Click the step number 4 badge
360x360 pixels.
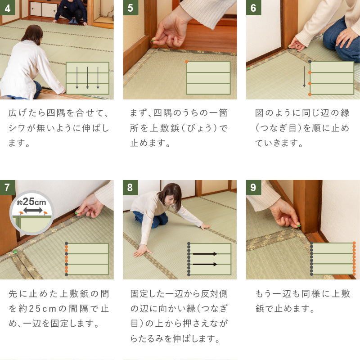tap(8, 8)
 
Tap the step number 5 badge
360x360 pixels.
tap(130, 8)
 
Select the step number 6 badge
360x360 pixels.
tap(253, 8)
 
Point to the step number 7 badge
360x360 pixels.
tap(8, 187)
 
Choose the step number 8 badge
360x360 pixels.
tap(130, 187)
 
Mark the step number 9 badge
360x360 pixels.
tap(253, 187)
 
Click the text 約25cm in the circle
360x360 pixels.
tap(31, 202)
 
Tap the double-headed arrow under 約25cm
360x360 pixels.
tap(33, 210)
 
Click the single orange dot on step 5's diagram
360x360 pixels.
tap(186, 62)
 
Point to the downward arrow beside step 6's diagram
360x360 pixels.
tap(304, 76)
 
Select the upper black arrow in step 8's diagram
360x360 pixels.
tap(205, 254)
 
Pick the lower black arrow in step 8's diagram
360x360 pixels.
tap(205, 264)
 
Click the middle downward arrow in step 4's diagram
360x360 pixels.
tap(87, 77)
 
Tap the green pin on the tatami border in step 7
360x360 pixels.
tap(16, 252)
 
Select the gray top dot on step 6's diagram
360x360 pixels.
tap(310, 62)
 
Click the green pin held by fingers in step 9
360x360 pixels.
tap(298, 225)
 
